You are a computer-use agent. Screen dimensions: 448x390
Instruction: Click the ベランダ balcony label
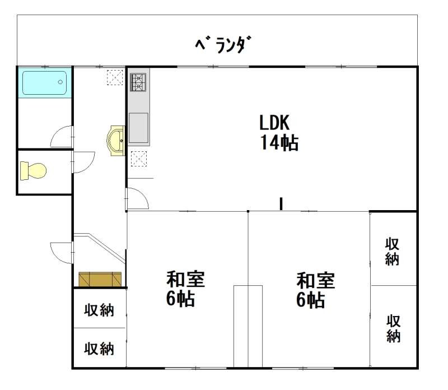point(223,45)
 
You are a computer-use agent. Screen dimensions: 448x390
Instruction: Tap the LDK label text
point(274,123)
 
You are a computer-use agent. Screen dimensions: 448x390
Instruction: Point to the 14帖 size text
point(279,142)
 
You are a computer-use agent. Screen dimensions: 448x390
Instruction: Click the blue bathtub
point(45,82)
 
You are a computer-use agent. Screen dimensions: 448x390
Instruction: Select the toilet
point(33,171)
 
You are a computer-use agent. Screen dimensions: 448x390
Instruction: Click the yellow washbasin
point(116,141)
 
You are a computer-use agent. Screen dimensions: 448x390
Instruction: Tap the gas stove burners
point(138,82)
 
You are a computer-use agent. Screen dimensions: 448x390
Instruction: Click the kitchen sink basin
point(138,128)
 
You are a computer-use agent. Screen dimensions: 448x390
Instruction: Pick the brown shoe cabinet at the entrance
point(100,279)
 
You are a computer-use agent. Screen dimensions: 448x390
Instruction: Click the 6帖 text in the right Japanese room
point(310,300)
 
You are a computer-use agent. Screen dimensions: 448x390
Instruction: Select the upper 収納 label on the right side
point(392,252)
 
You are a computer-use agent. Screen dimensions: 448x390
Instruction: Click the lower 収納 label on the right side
point(393,328)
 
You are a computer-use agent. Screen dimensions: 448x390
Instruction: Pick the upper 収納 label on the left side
point(99,310)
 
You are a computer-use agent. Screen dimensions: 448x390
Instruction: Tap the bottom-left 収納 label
point(99,349)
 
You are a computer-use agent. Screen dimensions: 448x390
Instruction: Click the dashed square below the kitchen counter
point(139,159)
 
